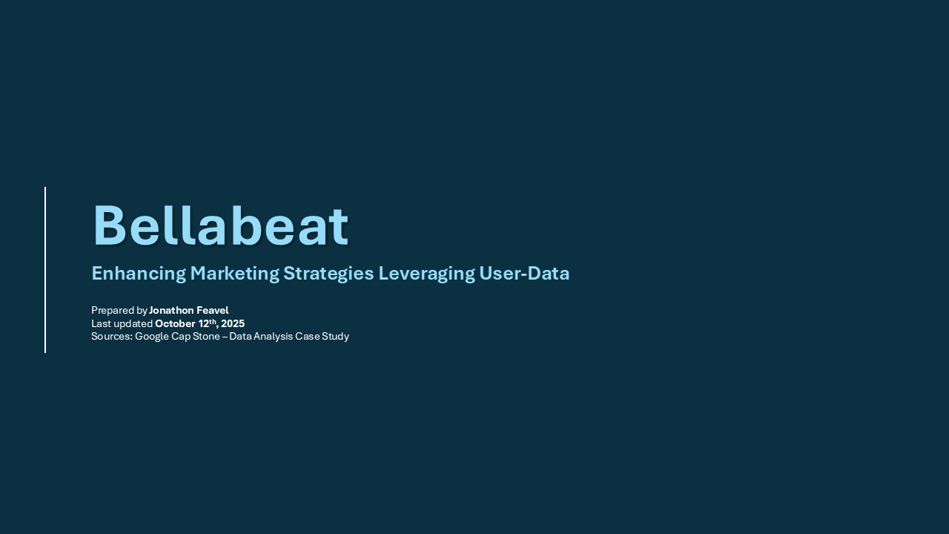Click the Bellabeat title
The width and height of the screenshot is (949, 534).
click(x=220, y=225)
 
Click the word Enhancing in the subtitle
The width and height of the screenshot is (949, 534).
click(x=139, y=274)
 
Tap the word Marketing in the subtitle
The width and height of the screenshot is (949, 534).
click(x=235, y=274)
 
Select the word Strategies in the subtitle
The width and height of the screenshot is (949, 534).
click(x=328, y=274)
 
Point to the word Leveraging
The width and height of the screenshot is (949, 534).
click(x=426, y=274)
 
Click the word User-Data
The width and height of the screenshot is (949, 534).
click(x=524, y=274)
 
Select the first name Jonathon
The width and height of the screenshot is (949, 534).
click(x=171, y=310)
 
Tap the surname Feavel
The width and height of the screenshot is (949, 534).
click(x=213, y=310)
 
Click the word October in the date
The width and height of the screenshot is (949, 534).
click(x=176, y=324)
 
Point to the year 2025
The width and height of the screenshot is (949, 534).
click(x=233, y=324)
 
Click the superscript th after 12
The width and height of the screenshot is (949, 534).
click(x=213, y=321)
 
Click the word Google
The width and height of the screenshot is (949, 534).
click(x=152, y=337)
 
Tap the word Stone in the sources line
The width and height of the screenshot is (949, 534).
click(x=206, y=337)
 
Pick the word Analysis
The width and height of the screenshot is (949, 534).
click(x=274, y=337)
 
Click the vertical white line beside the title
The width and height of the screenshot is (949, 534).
click(x=45, y=270)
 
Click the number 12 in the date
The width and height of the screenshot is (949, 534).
click(x=203, y=324)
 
